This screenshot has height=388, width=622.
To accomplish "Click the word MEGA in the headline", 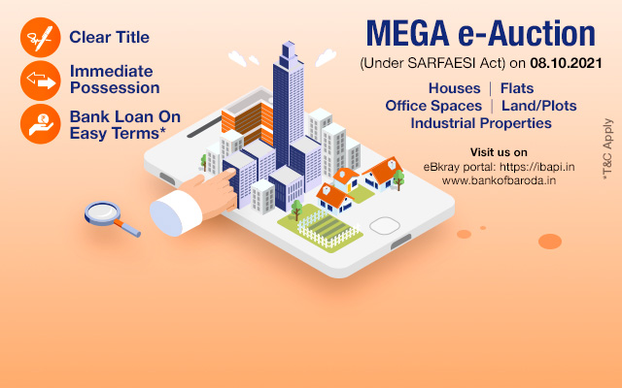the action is pyautogui.click(x=408, y=34).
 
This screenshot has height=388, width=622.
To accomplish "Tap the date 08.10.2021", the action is pyautogui.click(x=566, y=63).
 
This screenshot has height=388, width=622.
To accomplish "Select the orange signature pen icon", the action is pyautogui.click(x=41, y=37).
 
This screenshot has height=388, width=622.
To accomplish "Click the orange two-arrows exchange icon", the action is pyautogui.click(x=41, y=81).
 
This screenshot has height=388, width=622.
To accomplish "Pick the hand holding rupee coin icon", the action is pyautogui.click(x=41, y=124).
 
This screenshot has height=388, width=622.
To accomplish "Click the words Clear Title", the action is pyautogui.click(x=110, y=37).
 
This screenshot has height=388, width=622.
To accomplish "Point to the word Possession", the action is pyautogui.click(x=115, y=88).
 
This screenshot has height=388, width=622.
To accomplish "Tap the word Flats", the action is pyautogui.click(x=517, y=88).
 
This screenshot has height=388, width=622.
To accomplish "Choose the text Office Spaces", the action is pyautogui.click(x=433, y=106).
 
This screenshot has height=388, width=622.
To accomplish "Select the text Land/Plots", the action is pyautogui.click(x=539, y=106).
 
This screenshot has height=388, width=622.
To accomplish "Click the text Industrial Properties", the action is pyautogui.click(x=481, y=123).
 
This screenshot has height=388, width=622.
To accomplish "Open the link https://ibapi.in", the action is pyautogui.click(x=537, y=167).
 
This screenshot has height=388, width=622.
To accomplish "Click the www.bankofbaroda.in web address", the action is pyautogui.click(x=499, y=180).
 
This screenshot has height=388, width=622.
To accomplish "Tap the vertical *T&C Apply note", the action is pyautogui.click(x=607, y=149).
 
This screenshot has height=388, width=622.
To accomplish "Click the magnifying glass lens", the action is pyautogui.click(x=102, y=213).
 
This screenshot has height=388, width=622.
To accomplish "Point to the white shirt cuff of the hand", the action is pyautogui.click(x=175, y=213).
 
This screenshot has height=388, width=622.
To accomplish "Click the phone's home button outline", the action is pyautogui.click(x=385, y=226).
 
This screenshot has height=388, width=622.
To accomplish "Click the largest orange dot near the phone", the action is pyautogui.click(x=550, y=242).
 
